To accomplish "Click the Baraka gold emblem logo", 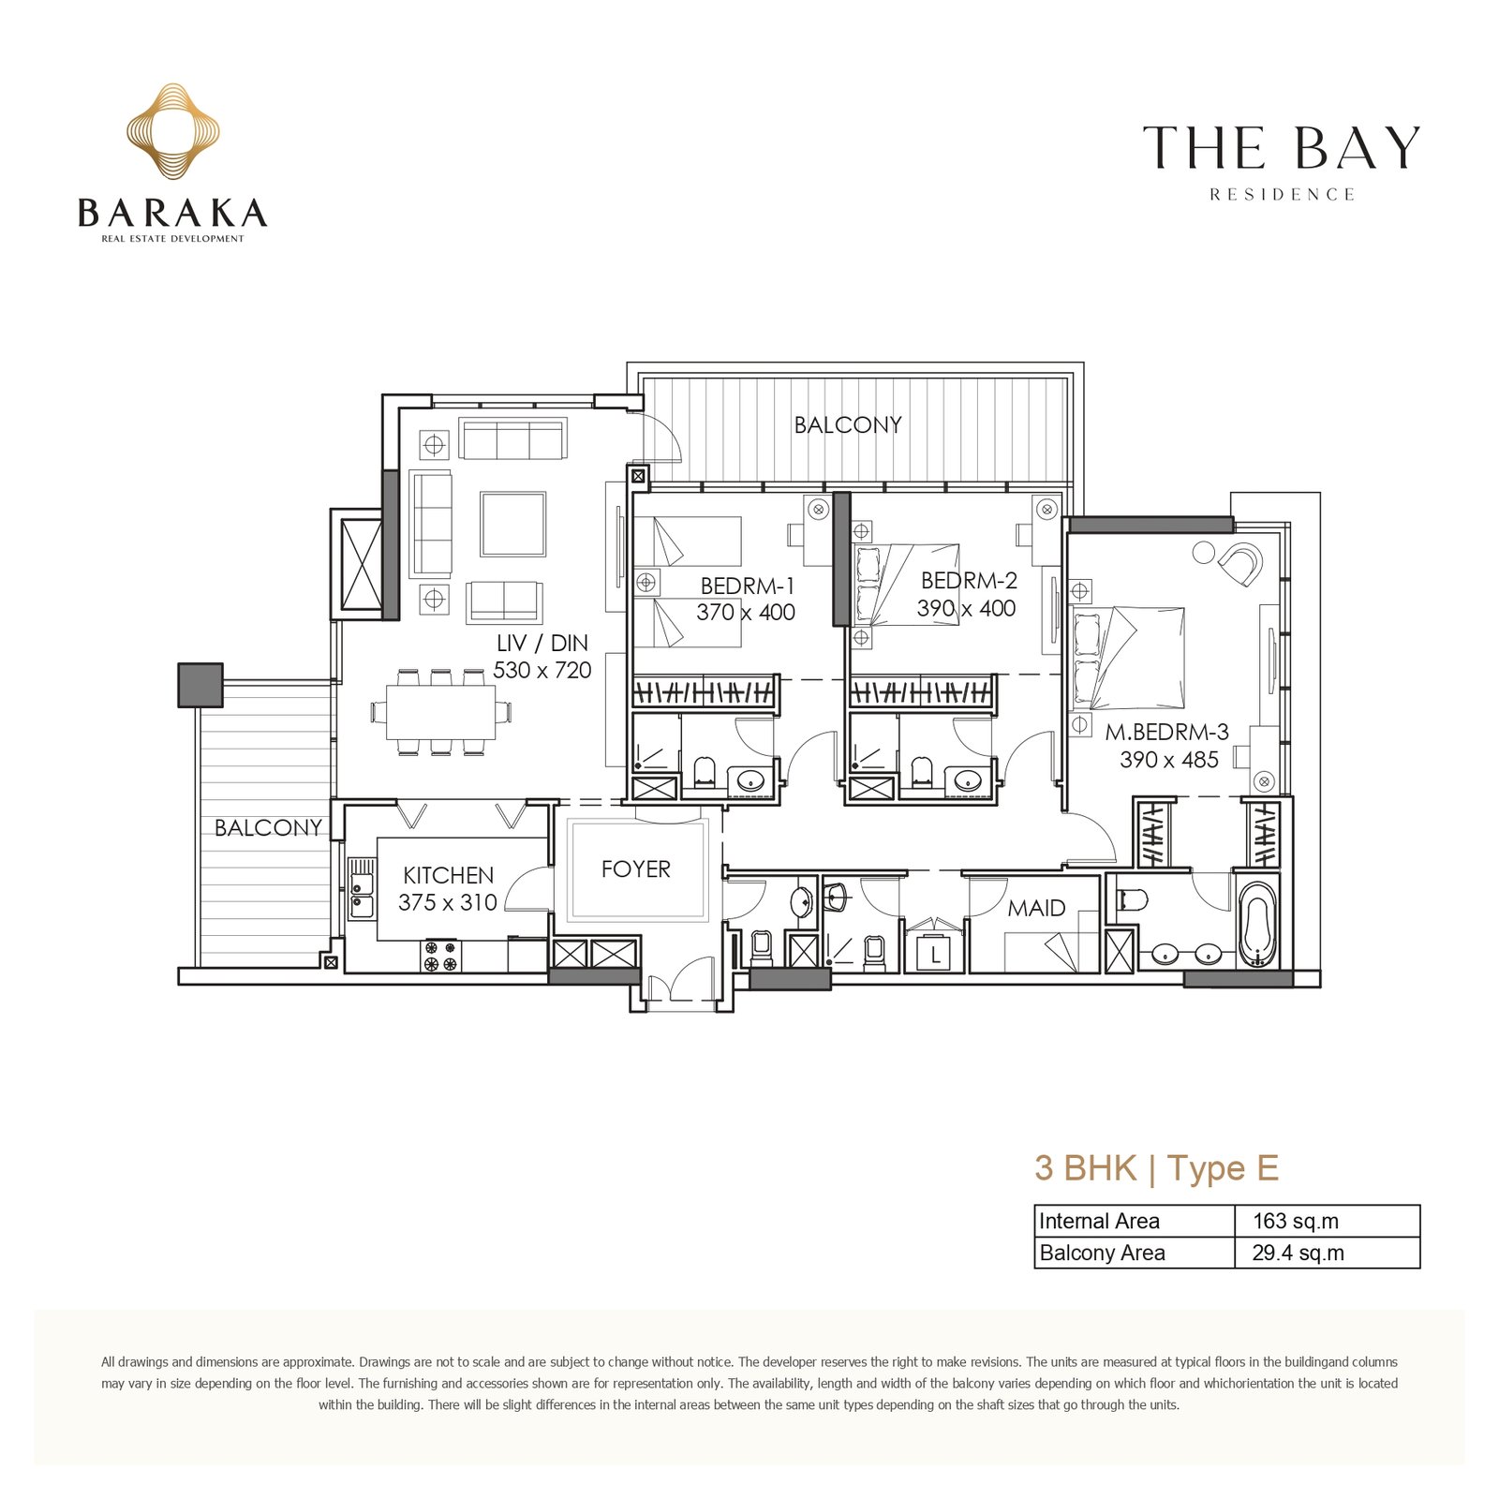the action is (173, 131).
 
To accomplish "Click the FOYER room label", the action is (636, 869).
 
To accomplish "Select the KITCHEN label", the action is (448, 875).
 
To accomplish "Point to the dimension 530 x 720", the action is (542, 670).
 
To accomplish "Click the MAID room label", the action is (1036, 908).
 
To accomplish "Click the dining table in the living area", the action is (441, 713).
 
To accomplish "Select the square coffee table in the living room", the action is (513, 524).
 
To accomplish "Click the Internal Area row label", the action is (1099, 1221).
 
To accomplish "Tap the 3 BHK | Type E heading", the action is (1156, 1168).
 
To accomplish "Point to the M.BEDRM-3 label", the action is (1166, 732).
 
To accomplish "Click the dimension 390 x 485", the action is (1169, 759).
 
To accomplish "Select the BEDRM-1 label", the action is (747, 586).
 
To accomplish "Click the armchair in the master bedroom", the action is (1239, 564).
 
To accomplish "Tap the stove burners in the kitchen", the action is (440, 956).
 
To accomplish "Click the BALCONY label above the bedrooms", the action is (848, 424).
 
